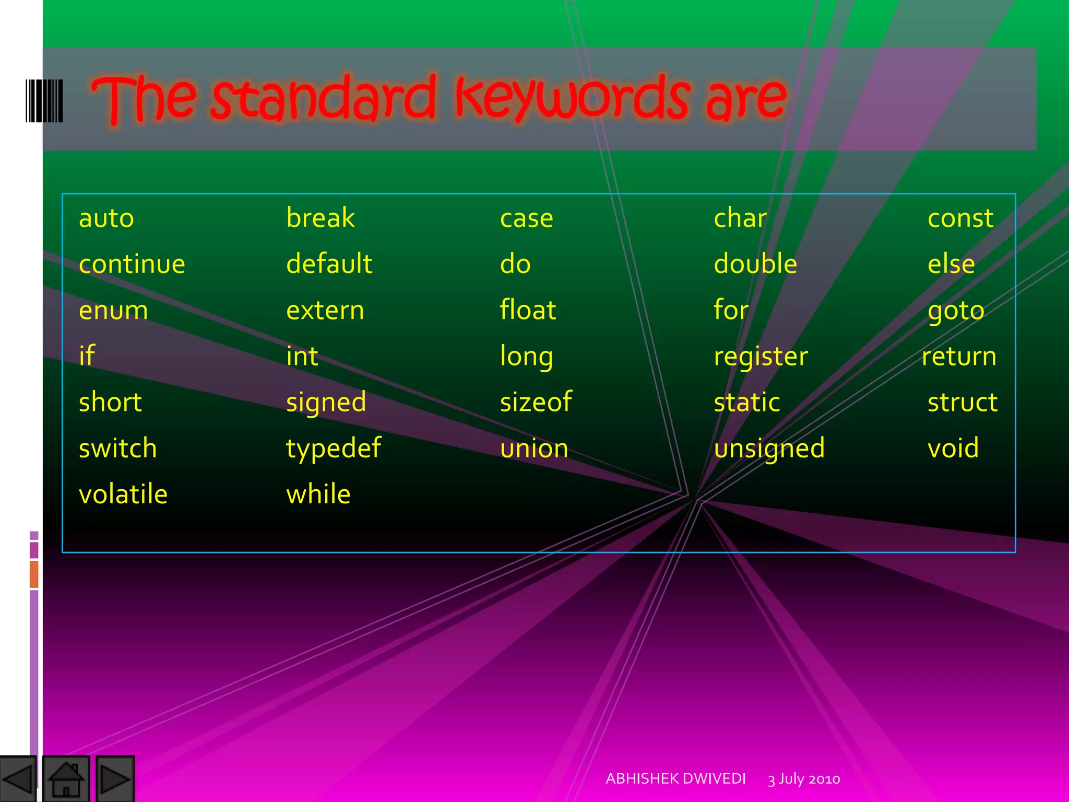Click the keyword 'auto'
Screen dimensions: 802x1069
[106, 218]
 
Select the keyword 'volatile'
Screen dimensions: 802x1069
[123, 494]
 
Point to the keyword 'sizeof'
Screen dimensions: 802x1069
[536, 402]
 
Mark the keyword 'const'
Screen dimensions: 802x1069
[960, 218]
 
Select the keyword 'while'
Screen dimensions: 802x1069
[318, 494]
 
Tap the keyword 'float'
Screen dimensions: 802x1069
[528, 310]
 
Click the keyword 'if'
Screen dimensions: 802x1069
[87, 356]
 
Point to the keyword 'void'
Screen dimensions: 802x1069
[953, 448]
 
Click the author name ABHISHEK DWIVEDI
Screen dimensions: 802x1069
[675, 779]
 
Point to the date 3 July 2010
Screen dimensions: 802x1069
[804, 779]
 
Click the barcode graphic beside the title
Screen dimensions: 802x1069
[44, 101]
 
